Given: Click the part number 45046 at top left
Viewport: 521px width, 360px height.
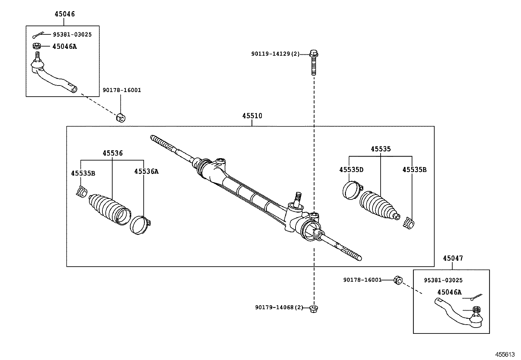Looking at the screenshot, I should (x=64, y=14).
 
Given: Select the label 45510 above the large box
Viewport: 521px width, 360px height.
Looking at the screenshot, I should (x=252, y=116).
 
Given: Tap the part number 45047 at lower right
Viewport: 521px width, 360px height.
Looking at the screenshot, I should (x=453, y=258).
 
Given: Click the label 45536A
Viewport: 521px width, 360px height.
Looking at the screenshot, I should (x=146, y=171).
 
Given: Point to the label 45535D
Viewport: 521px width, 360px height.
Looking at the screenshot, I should (x=351, y=170).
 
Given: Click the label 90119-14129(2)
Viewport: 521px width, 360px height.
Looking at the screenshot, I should (x=275, y=54).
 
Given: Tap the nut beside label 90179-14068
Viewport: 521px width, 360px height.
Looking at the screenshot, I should (x=314, y=308).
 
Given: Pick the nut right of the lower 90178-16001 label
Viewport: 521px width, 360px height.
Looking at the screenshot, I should (x=398, y=280).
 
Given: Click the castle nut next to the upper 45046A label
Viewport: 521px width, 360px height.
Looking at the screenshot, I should (x=37, y=46).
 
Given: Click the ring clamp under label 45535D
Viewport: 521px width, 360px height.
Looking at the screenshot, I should (x=351, y=190).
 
